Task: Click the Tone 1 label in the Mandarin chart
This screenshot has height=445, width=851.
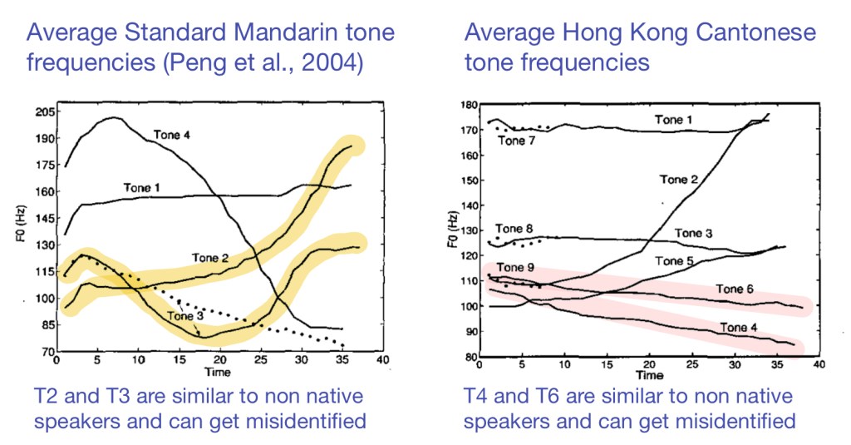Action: pyautogui.click(x=142, y=189)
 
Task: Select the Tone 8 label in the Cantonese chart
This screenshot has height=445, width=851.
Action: pyautogui.click(x=514, y=229)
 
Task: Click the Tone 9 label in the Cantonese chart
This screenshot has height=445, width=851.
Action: pyautogui.click(x=514, y=268)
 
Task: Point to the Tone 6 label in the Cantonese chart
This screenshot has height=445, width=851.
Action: pyautogui.click(x=734, y=289)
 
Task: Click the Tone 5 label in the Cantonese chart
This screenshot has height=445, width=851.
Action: pyautogui.click(x=673, y=261)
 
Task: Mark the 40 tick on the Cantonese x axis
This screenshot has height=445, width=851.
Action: pyautogui.click(x=818, y=365)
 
